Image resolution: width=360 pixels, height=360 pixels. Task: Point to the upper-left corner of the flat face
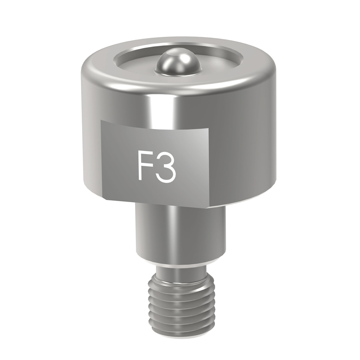tap(102, 120)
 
